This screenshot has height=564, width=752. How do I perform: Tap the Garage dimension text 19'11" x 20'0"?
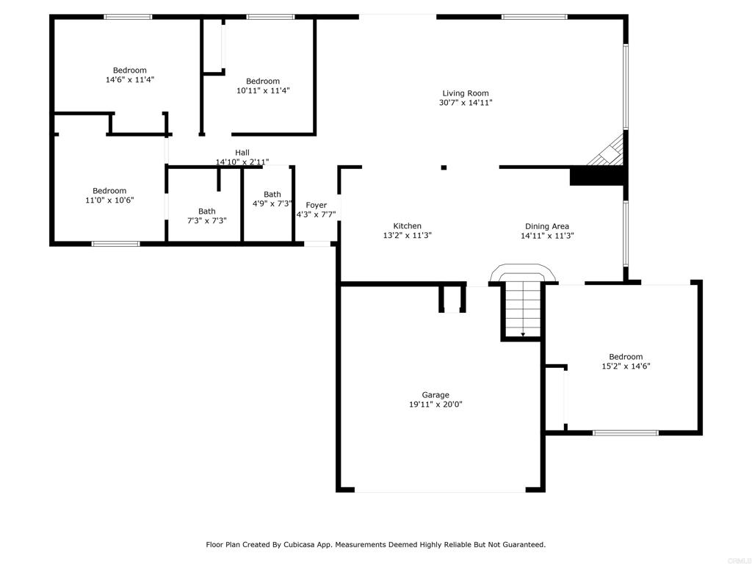pyautogui.click(x=435, y=405)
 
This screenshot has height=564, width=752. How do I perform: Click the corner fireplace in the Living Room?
pyautogui.click(x=607, y=151)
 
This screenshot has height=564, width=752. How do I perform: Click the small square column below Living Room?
pyautogui.click(x=444, y=167)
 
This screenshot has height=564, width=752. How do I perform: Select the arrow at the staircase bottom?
pyautogui.click(x=523, y=334)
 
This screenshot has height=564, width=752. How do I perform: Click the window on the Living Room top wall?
pyautogui.click(x=535, y=18)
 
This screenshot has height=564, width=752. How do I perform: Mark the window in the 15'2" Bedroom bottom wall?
pyautogui.click(x=626, y=433)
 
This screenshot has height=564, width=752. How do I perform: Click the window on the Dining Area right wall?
pyautogui.click(x=626, y=234)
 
